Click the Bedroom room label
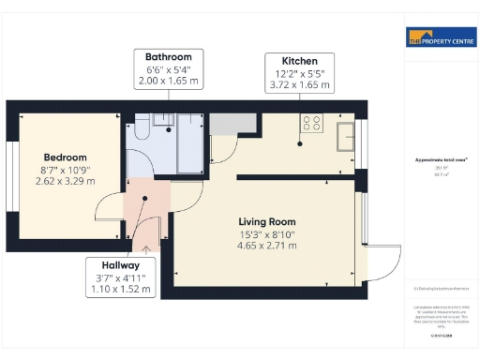65,157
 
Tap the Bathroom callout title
169,56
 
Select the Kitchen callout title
299,60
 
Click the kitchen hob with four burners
310,121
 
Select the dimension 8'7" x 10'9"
65,169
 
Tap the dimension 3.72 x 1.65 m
299,85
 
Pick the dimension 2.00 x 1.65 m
169,82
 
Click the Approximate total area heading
434,160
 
